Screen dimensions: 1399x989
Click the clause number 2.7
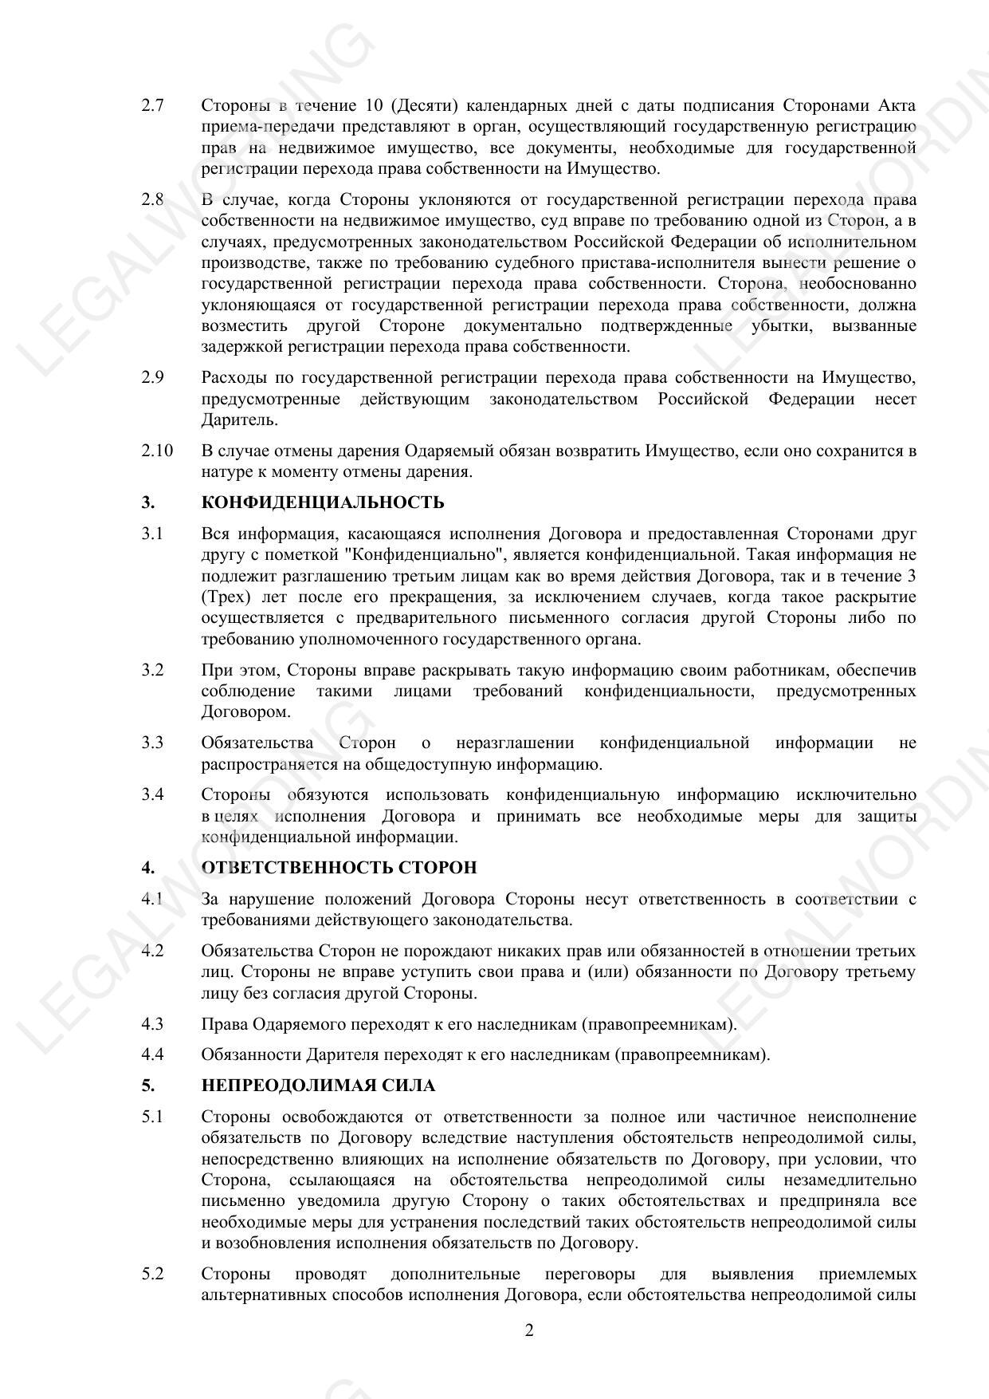tap(152, 106)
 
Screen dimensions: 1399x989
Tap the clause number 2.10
tap(157, 451)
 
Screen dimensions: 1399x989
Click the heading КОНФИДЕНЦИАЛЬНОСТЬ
tap(323, 502)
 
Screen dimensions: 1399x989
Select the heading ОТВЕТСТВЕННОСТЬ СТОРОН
tap(339, 868)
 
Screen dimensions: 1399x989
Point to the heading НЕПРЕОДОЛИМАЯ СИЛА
tap(319, 1086)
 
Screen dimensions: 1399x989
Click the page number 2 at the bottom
tap(529, 1330)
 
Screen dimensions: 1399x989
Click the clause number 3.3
tap(152, 743)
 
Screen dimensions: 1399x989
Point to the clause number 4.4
tap(152, 1054)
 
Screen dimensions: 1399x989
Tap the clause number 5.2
tap(152, 1274)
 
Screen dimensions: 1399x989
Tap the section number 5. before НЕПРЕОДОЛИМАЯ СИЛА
tap(147, 1086)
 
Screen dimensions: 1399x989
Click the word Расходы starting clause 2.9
tap(232, 378)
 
